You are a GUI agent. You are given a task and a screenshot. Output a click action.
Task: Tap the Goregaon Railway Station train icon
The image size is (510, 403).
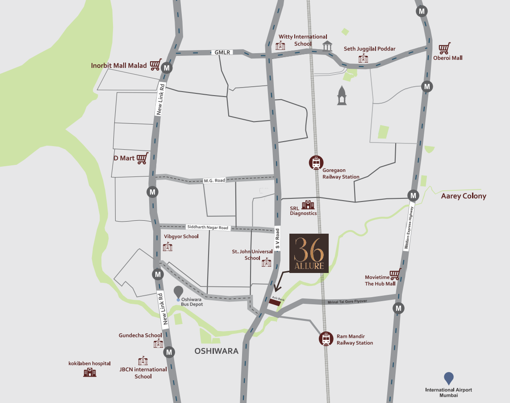316,163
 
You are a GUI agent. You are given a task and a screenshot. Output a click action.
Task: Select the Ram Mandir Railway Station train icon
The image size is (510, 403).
326,339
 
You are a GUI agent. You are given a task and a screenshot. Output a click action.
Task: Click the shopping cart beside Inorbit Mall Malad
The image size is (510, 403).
155,65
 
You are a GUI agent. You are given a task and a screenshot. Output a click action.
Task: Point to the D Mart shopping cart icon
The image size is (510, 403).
142,158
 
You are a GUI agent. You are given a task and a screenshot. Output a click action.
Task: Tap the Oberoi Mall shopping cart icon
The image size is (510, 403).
444,48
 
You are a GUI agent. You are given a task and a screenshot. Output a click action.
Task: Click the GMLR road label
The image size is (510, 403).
222,52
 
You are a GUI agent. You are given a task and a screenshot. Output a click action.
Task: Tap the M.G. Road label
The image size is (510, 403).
214,181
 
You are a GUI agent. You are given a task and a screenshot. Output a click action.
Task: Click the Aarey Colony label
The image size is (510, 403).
464,196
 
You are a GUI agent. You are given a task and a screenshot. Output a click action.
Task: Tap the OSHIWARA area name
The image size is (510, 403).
217,351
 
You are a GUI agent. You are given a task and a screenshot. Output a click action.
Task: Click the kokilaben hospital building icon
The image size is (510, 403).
90,372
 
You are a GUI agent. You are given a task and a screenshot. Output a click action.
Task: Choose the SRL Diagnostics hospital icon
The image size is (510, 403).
308,205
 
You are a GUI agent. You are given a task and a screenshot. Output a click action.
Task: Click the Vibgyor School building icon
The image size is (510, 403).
167,246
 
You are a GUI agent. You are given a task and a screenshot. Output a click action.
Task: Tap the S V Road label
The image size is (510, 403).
277,239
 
